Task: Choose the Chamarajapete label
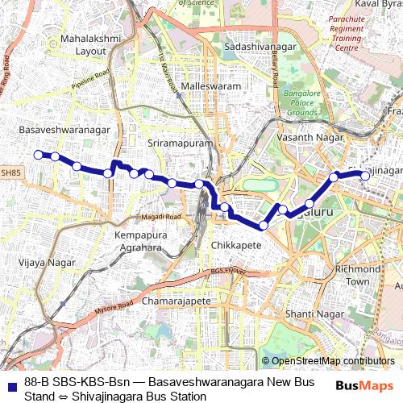(x=176, y=301)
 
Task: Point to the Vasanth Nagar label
(x=305, y=139)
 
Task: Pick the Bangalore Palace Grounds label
(x=302, y=103)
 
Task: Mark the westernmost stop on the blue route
(x=37, y=154)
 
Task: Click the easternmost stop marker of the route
(x=365, y=174)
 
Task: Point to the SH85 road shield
(x=10, y=172)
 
